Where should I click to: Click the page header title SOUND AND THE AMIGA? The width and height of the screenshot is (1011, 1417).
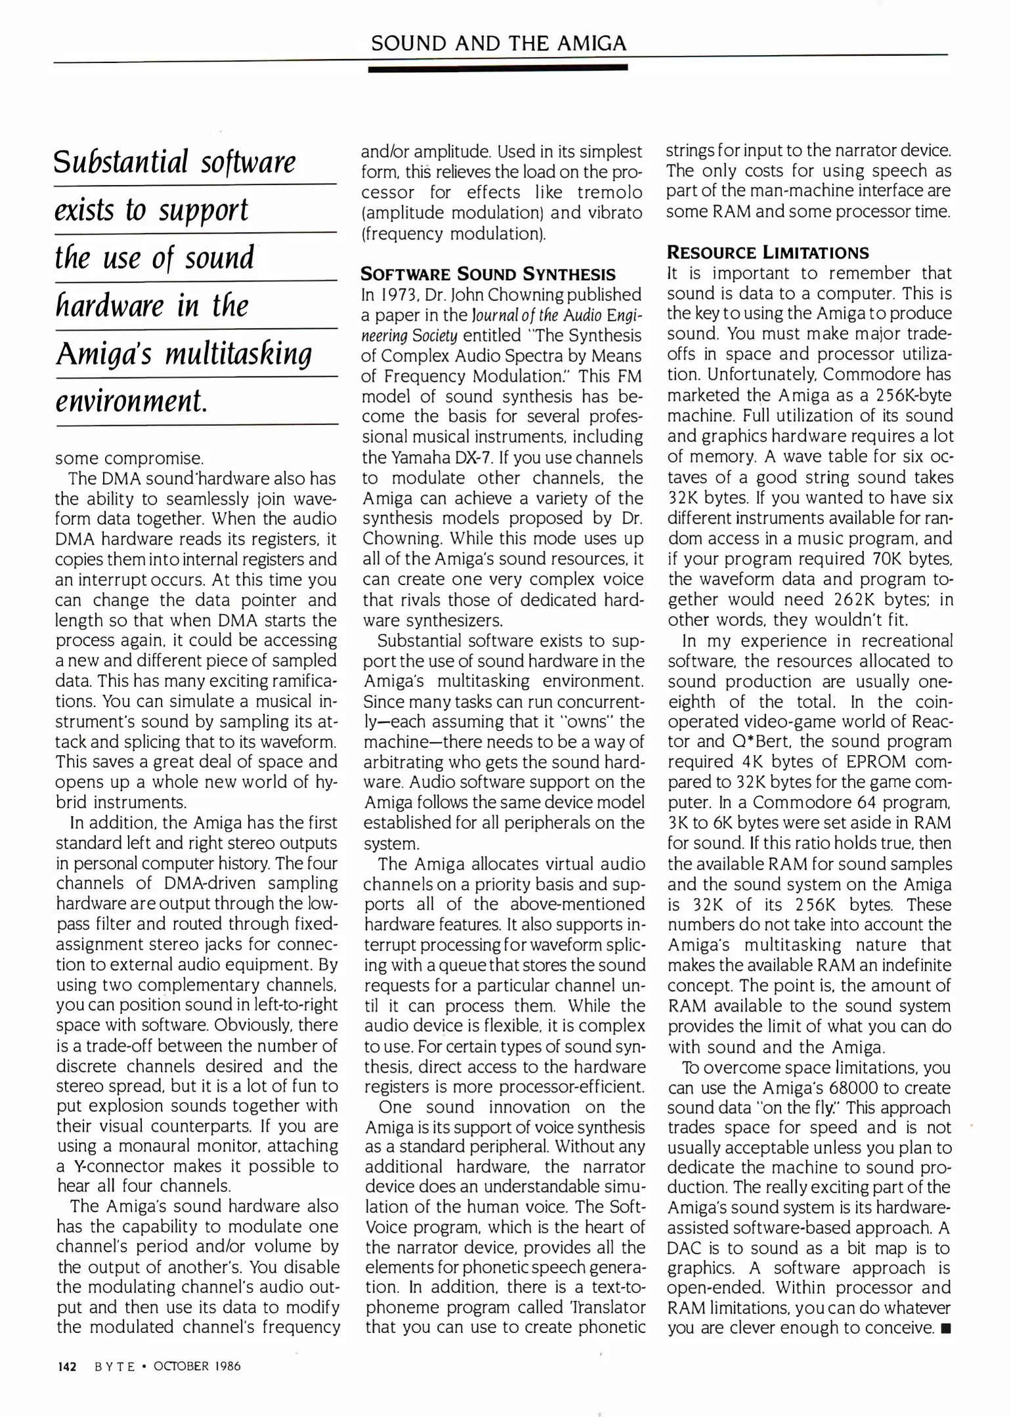498,43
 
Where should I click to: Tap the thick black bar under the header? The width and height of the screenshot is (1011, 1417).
498,68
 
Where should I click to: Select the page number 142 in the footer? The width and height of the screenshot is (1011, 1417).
67,1366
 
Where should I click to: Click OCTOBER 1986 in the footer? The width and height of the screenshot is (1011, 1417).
197,1366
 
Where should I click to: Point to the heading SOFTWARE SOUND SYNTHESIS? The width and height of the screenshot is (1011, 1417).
488,274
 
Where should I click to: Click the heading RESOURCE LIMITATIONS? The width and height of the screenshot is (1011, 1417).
767,253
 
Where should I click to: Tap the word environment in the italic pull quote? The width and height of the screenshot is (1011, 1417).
131,400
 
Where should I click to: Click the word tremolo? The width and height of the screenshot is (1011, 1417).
610,193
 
